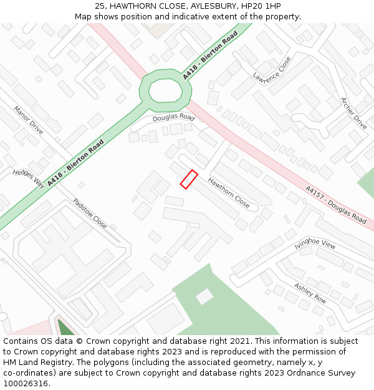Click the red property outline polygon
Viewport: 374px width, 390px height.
point(189,179)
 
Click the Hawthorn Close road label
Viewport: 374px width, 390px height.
point(229,193)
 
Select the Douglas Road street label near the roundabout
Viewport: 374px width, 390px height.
point(173,117)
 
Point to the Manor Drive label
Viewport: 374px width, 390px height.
point(29,120)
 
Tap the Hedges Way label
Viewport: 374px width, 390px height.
point(29,178)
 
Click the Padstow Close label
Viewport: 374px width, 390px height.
point(90,213)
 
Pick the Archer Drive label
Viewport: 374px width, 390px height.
point(353,113)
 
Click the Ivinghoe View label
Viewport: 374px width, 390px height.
point(315,242)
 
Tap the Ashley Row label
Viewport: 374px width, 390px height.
point(310,293)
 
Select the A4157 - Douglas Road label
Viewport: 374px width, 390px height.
point(335,205)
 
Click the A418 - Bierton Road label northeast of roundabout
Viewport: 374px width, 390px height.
point(211,55)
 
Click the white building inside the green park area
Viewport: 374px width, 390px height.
point(204,296)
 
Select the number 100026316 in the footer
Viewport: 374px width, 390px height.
point(25,384)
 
